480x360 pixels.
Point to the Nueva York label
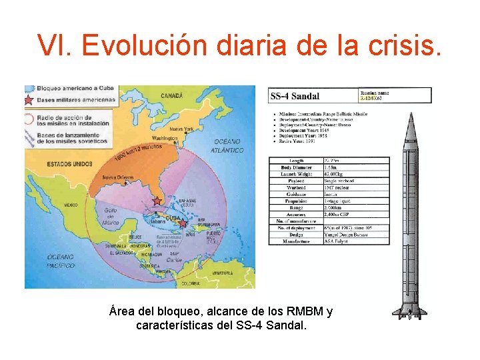181,129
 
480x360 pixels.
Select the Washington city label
165,139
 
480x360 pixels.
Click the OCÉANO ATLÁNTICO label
229,146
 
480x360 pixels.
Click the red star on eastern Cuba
183,224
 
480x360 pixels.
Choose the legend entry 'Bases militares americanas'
75,100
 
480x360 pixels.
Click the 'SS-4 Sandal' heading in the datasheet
295,97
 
